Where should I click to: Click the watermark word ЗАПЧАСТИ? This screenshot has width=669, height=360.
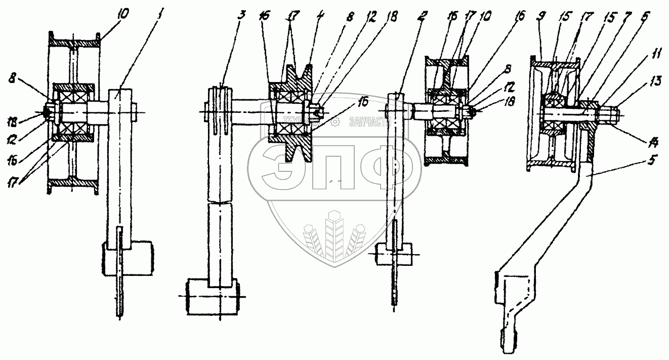click(x=368, y=123)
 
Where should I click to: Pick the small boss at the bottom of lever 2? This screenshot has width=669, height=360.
click(x=393, y=254)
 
